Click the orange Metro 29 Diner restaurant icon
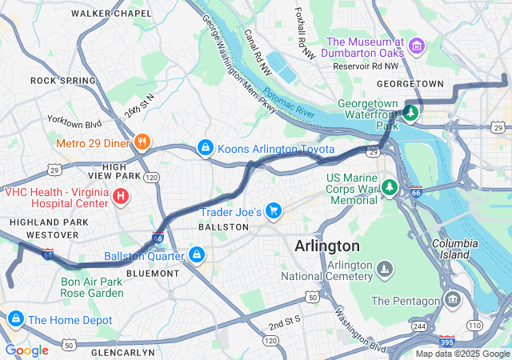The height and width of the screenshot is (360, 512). click(142, 142)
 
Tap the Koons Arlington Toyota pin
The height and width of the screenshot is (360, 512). click(206, 148)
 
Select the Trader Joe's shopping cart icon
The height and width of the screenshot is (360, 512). click(274, 211)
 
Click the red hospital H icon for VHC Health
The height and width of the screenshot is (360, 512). click(120, 194)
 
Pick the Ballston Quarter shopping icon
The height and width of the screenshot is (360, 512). click(196, 255)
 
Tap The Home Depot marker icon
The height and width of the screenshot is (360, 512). click(14, 319)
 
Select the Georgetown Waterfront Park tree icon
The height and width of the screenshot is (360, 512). click(410, 113)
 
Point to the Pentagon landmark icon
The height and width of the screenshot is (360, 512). click(454, 300)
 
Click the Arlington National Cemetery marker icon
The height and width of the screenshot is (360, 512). click(385, 269)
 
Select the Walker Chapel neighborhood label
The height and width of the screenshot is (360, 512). click(111, 14)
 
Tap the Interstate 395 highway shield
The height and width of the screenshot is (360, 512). click(446, 341)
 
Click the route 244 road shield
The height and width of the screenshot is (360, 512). click(419, 326)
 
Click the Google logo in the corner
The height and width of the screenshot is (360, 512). click(27, 350)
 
